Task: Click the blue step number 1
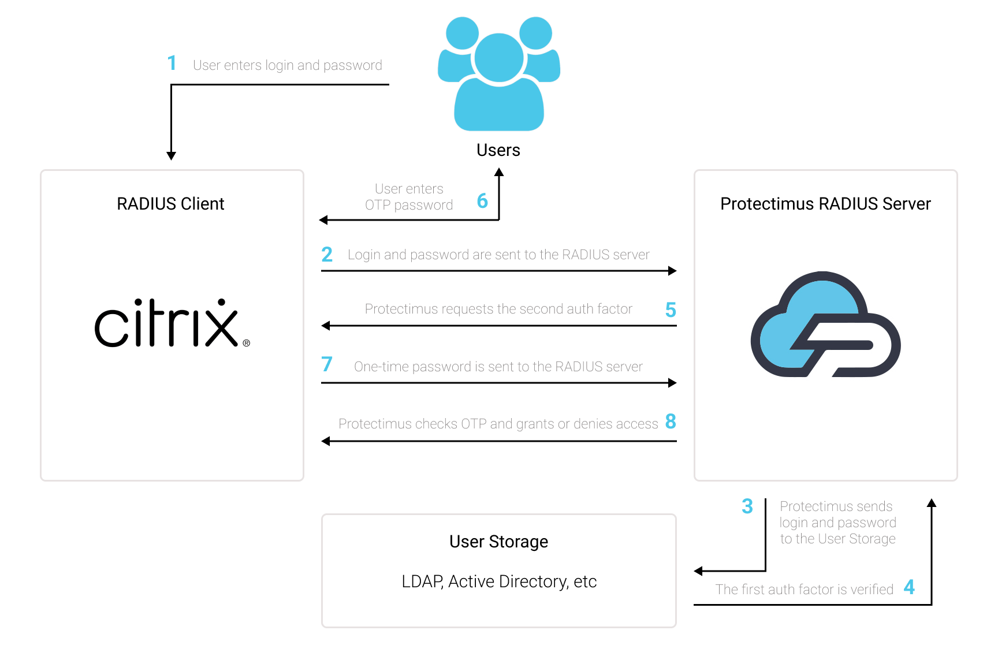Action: point(172,63)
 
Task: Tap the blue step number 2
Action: point(327,254)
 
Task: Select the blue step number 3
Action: point(747,506)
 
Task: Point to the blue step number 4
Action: point(909,587)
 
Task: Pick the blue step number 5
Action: point(671,310)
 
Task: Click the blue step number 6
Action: point(482,201)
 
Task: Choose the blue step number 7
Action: point(327,364)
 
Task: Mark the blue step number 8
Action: point(671,422)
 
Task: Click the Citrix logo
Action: point(172,323)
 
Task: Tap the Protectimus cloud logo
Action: point(825,324)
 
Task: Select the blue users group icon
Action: point(499,74)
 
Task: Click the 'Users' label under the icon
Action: point(498,150)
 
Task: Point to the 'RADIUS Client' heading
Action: point(170,204)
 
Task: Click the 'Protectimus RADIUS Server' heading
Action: point(825,204)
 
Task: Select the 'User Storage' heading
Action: point(499,542)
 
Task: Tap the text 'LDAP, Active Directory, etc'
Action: point(499,581)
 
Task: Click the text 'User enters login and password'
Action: point(288,65)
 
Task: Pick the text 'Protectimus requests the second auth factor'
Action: point(498,309)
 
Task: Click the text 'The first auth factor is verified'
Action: point(805,590)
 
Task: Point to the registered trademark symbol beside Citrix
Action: point(247,343)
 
